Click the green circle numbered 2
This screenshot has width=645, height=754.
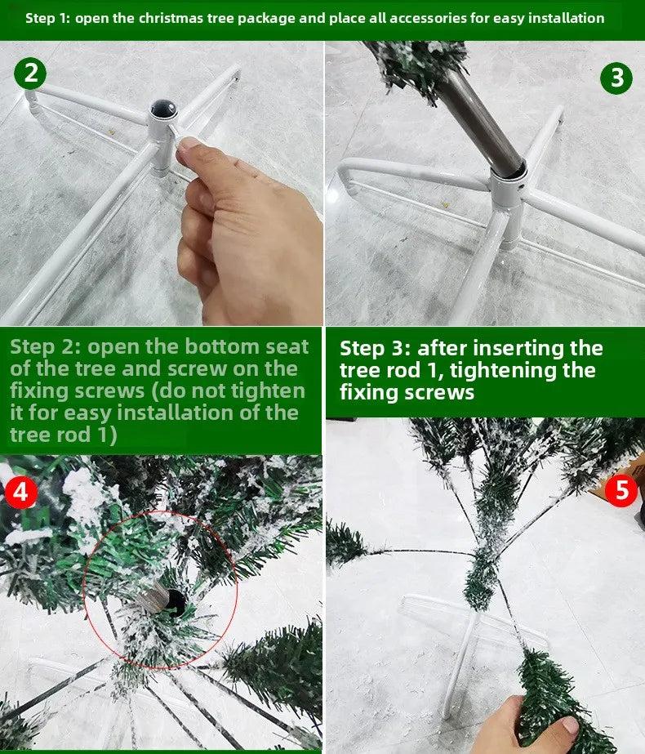point(30,74)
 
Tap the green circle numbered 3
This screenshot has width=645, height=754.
point(616,78)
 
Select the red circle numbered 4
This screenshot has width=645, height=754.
point(20,493)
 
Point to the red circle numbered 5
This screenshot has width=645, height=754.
point(622,491)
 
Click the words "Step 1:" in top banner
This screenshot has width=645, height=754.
point(47,18)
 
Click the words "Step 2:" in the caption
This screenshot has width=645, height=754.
point(45,346)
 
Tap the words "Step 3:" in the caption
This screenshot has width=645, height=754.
point(376,348)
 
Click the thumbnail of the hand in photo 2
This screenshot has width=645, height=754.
point(189,144)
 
